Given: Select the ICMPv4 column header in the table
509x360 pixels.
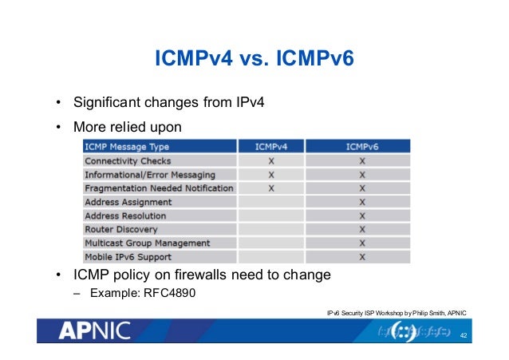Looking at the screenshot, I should tap(271, 147).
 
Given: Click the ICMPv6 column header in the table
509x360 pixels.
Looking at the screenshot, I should tap(362, 147).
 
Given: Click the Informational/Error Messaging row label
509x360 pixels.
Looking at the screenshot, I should tap(149, 174).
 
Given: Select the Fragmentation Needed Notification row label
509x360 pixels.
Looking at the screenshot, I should tap(159, 188).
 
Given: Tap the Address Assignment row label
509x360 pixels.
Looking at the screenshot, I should tap(128, 202).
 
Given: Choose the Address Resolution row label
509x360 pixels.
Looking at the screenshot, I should tap(125, 216).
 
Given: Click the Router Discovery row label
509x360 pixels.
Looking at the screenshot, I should tap(120, 229).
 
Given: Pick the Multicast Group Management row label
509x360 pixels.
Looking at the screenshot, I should tap(147, 243).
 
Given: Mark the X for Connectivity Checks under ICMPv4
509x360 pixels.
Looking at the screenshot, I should tap(271, 160).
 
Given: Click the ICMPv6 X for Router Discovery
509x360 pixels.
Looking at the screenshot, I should tap(362, 229).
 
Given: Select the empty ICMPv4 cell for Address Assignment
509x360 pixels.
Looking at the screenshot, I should tap(271, 202).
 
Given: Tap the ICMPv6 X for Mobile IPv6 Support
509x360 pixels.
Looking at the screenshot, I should tap(362, 257).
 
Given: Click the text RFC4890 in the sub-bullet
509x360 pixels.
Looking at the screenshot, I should tap(168, 294).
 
